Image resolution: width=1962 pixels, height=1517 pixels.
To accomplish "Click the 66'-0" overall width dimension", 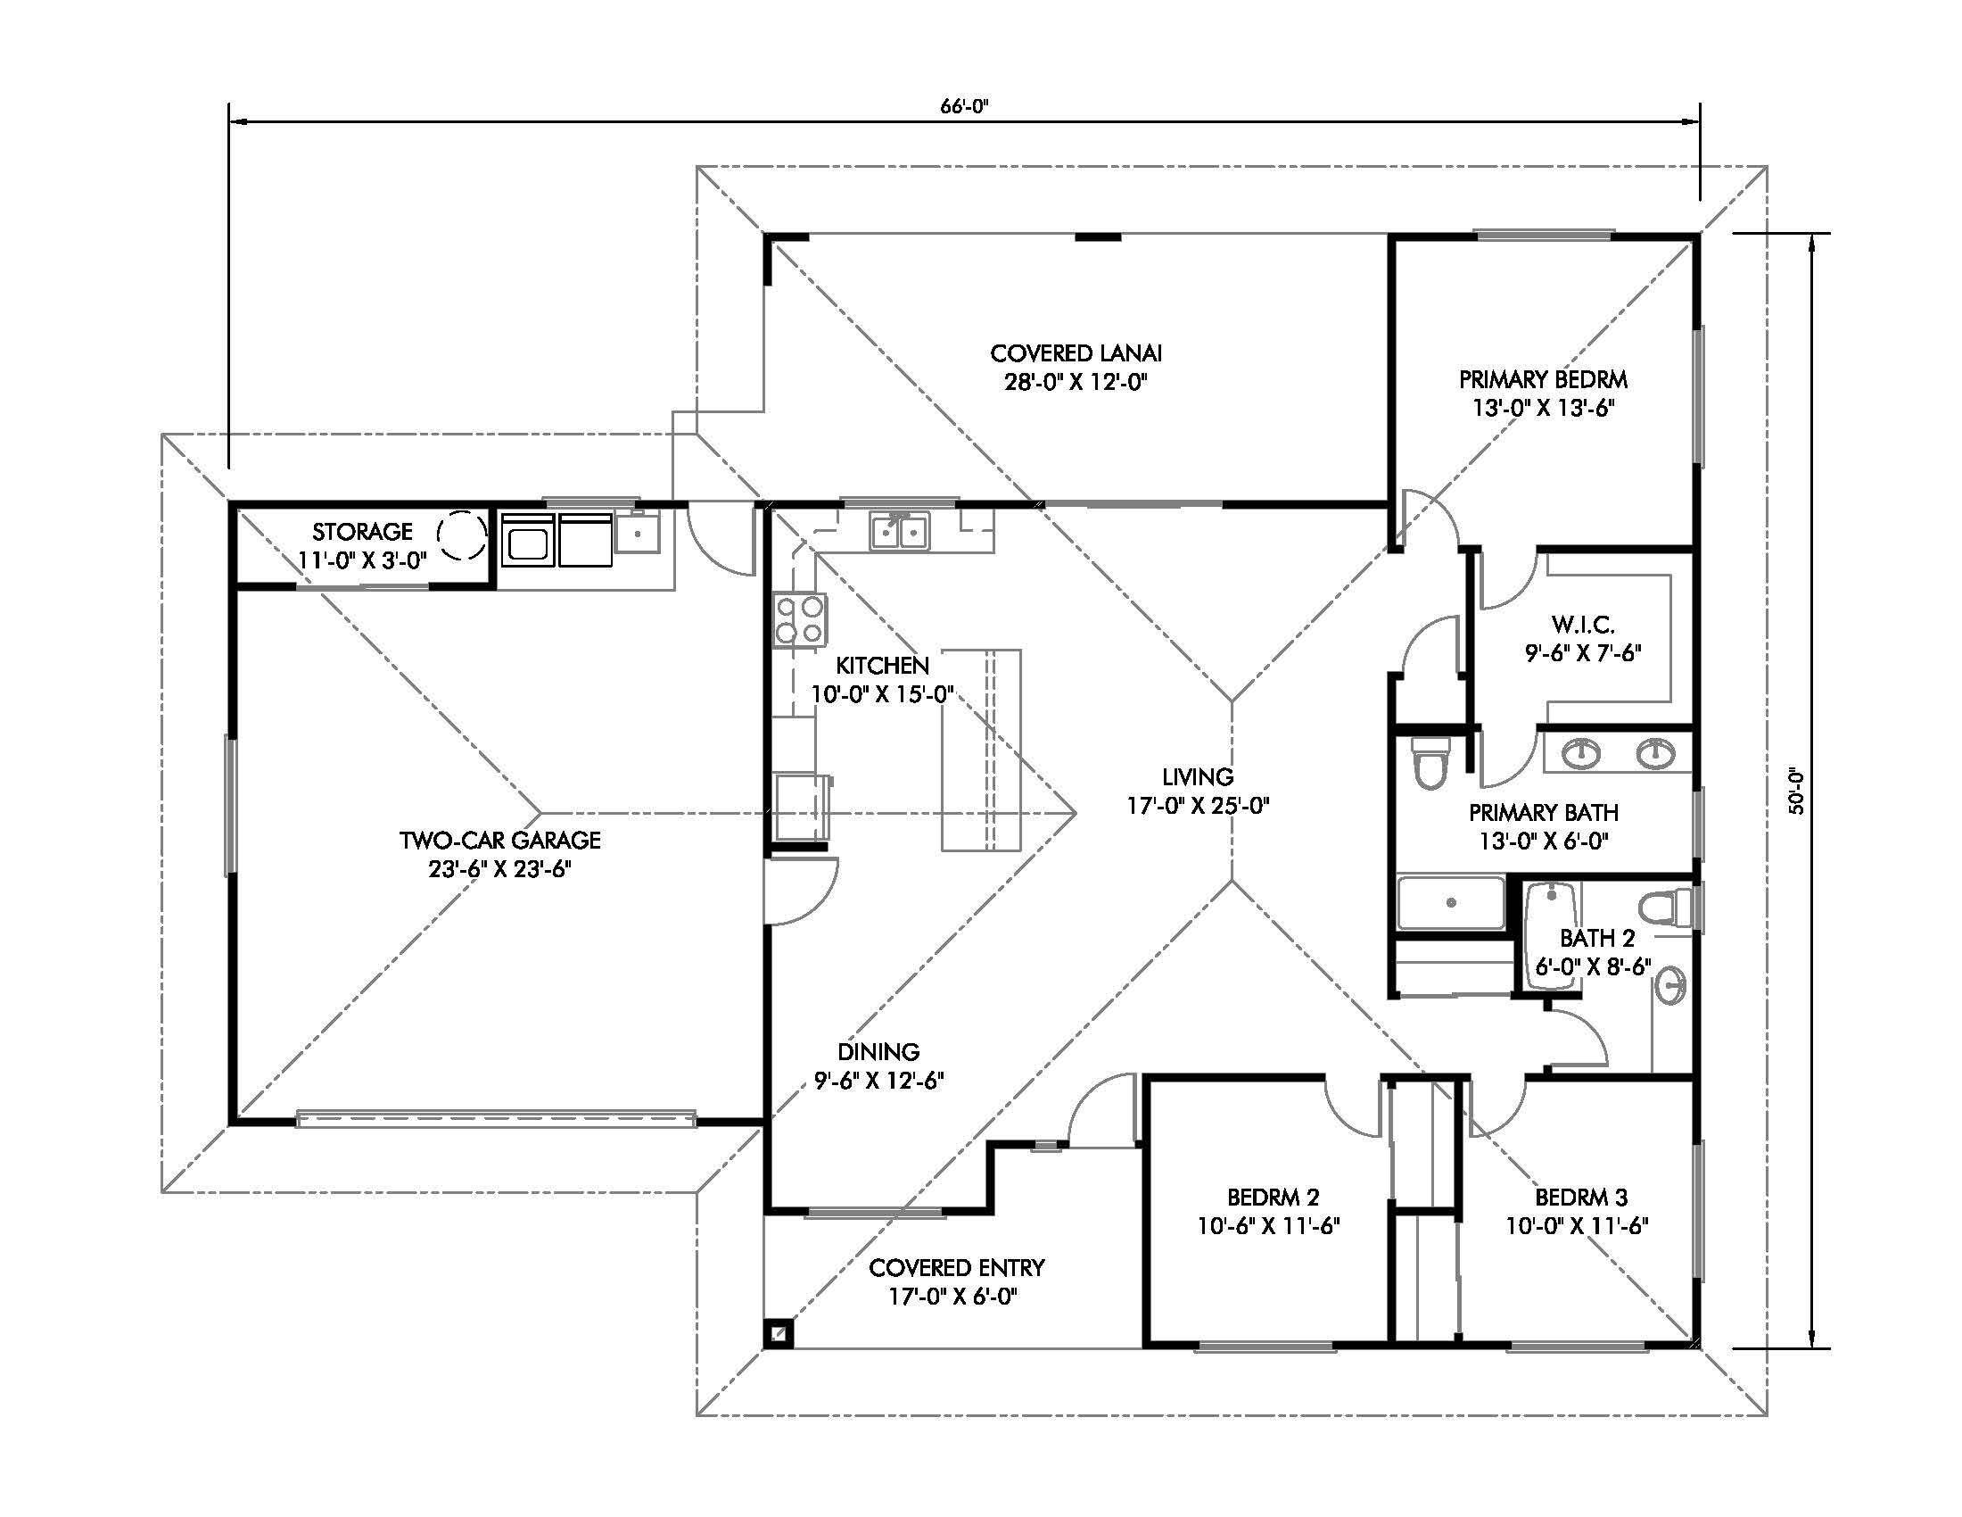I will point(964,106).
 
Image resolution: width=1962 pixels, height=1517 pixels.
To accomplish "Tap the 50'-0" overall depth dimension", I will point(1796,790).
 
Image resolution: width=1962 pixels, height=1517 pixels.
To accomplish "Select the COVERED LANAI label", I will point(1076,353).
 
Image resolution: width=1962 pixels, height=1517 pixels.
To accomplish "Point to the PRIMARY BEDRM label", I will point(1543,379).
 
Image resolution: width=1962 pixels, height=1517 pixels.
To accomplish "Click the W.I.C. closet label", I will point(1582,624).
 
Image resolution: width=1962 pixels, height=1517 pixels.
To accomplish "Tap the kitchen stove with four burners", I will point(800,620).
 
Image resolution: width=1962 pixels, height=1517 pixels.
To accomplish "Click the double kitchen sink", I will point(900,533).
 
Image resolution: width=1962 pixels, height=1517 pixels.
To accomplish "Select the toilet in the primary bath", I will point(1430,763).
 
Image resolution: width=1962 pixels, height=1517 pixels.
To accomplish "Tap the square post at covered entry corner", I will point(778,1333).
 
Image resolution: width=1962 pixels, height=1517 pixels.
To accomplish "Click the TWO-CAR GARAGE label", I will point(499,841).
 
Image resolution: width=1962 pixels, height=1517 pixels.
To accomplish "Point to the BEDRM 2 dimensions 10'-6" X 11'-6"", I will point(1268,1226).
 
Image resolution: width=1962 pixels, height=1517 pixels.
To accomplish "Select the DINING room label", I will point(878,1051).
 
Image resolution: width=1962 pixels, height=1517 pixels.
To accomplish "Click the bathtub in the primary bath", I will point(1450,903).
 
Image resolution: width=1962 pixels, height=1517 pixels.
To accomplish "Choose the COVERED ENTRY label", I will point(957,1267).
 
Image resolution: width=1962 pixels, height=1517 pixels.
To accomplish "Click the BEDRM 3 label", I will point(1580,1197).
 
